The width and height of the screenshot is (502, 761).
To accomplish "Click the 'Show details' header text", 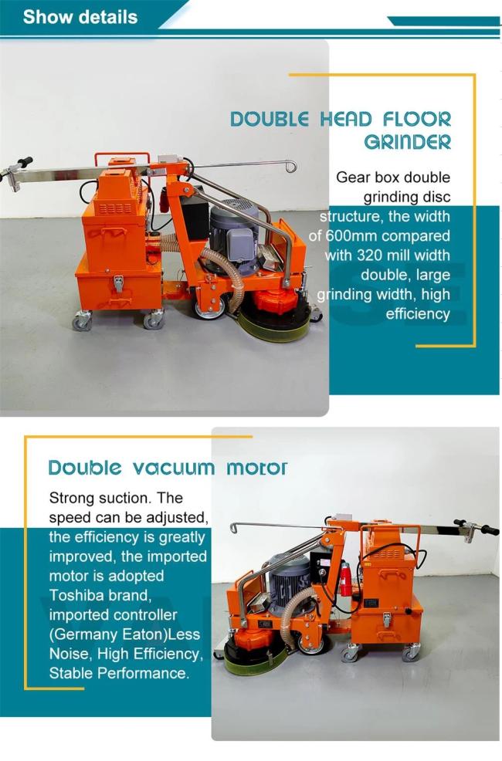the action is point(80,17).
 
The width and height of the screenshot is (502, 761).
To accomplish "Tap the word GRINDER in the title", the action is point(407,142).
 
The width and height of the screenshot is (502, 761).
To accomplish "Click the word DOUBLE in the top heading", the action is point(270,120).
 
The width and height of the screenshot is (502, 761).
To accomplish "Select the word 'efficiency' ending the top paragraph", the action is point(418,313).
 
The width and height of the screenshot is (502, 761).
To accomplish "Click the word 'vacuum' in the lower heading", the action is point(173,468).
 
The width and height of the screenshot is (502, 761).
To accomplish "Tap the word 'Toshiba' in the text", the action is point(75,595).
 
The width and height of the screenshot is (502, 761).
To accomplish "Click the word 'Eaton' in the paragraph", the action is point(149,634).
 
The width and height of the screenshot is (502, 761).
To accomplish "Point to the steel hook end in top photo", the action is point(291,167).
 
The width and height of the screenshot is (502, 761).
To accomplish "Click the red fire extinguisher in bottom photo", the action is point(345,579).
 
